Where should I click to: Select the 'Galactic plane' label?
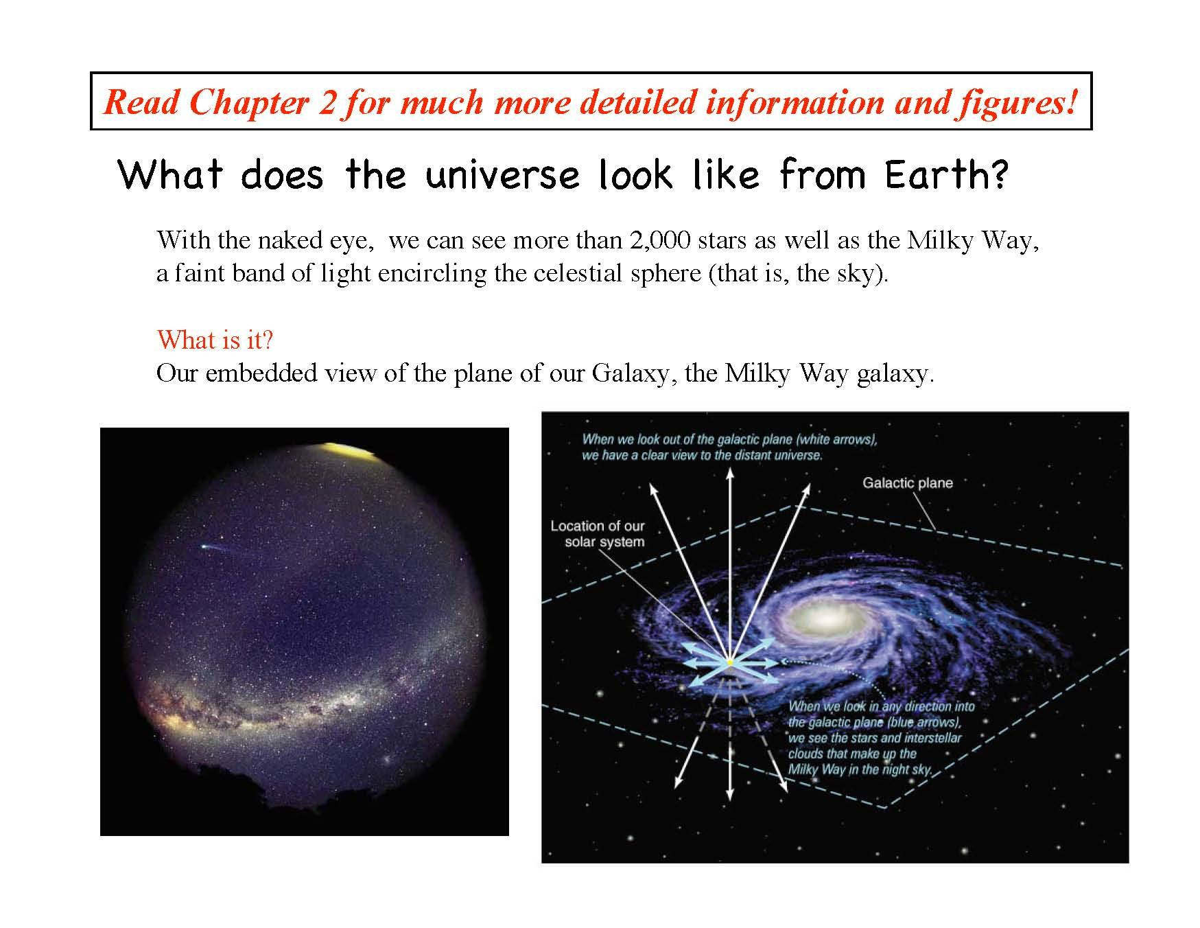[x=907, y=483]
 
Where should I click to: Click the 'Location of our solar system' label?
[x=598, y=534]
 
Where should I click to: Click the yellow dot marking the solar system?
[x=729, y=662]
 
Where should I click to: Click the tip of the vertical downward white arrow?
[x=730, y=798]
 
